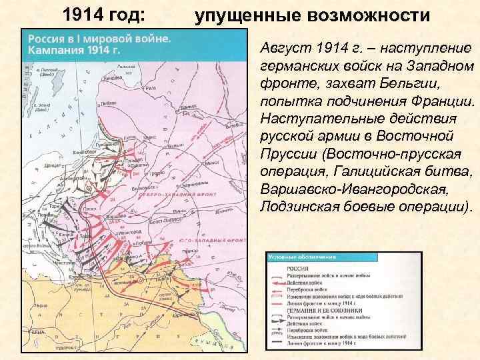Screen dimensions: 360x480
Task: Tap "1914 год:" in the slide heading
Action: click(107, 14)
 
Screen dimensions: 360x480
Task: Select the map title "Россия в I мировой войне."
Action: click(99, 39)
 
